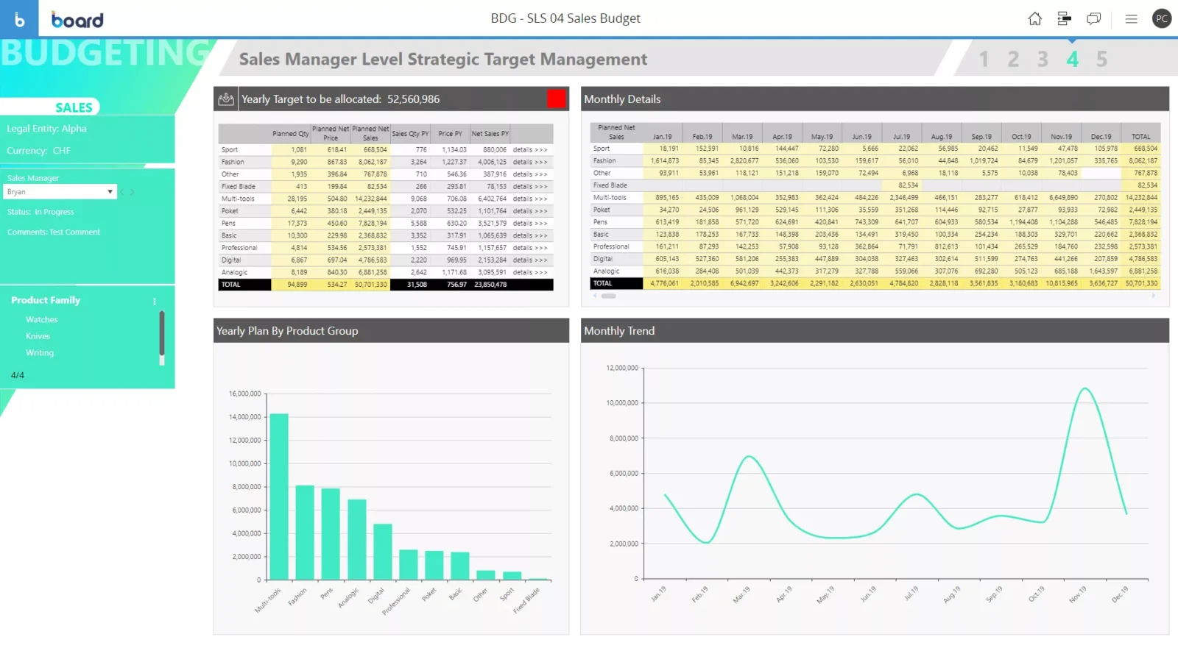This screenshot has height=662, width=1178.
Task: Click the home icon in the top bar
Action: point(1034,19)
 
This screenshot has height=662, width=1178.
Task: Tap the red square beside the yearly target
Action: point(557,99)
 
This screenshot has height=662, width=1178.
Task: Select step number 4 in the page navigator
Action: point(1072,59)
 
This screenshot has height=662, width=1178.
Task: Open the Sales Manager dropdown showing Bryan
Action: point(60,192)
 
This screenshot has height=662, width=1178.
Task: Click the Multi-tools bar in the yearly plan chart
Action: point(279,496)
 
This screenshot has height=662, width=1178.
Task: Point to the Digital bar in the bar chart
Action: point(382,552)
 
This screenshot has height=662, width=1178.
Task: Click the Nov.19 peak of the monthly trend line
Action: point(1084,388)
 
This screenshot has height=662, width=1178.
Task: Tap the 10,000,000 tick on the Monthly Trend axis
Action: point(622,403)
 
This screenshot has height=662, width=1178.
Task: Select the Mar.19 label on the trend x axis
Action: point(741,594)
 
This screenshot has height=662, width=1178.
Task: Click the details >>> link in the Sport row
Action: point(530,150)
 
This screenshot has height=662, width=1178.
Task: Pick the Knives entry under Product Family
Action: point(38,336)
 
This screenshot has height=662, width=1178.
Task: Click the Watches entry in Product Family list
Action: point(42,320)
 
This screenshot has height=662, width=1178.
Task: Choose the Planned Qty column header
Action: point(290,134)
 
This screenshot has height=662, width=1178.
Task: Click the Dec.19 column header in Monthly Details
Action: point(1101,137)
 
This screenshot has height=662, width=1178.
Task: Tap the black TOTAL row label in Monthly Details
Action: point(603,283)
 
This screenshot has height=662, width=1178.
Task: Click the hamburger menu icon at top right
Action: point(1131,19)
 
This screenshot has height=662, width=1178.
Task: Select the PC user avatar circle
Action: point(1162,19)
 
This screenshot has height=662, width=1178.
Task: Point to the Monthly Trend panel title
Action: point(619,331)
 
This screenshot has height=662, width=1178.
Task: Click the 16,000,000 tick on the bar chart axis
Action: point(245,394)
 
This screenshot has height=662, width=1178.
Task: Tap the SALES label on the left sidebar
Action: point(74,107)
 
